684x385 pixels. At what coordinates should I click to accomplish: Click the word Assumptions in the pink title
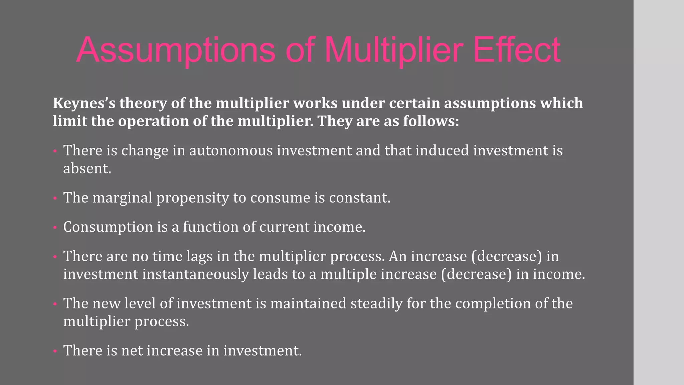click(176, 50)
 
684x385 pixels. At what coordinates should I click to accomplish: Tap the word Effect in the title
click(517, 50)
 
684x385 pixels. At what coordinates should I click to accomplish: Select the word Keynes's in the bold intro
click(84, 103)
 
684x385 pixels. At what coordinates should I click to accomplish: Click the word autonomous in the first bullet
click(231, 150)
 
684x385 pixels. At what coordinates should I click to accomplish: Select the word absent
click(87, 168)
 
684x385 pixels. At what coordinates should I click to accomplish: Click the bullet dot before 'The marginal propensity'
click(55, 199)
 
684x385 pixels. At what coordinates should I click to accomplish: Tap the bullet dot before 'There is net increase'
click(55, 352)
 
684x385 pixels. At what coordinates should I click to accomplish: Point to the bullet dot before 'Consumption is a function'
click(55, 228)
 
